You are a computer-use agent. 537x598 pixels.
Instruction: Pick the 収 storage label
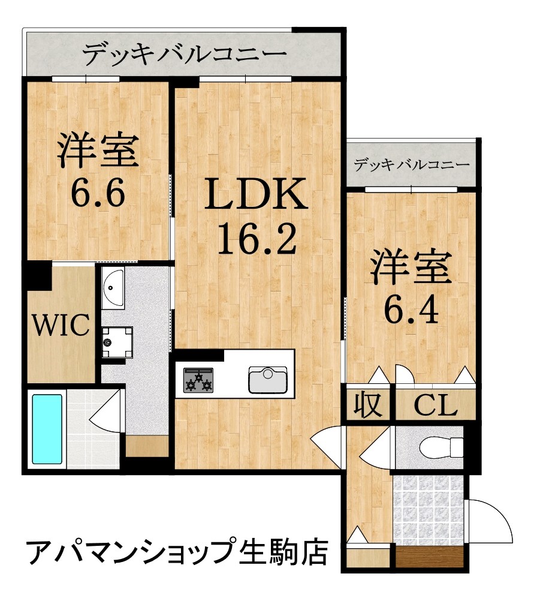(368, 405)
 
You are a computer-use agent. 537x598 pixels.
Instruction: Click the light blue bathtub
(47, 428)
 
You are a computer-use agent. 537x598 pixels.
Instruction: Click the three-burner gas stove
(198, 380)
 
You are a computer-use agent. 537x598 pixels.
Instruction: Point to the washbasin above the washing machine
(113, 289)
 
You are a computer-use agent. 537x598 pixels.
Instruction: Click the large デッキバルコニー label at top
(184, 55)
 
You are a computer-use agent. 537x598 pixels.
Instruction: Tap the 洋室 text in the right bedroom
(411, 268)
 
